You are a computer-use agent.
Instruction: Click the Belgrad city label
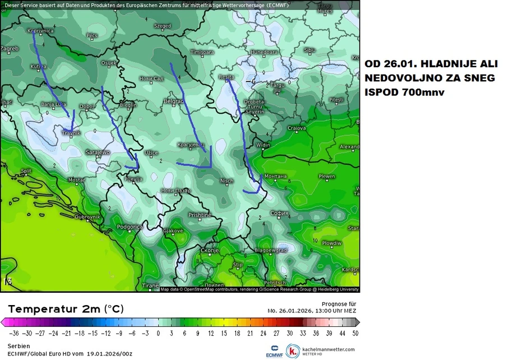173,101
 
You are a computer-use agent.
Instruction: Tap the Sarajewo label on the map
98,152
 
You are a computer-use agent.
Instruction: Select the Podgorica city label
129,227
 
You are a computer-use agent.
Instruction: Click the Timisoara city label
202,52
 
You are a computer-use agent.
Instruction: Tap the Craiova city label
297,128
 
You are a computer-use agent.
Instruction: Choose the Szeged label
163,26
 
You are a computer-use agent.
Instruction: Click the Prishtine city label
200,215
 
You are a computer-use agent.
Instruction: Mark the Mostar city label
76,180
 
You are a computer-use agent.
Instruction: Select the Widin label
263,145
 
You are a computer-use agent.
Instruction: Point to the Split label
26,171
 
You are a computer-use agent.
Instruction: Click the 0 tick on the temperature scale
158,333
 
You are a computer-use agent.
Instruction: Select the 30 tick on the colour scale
289,333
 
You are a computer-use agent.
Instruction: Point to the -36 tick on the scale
12,333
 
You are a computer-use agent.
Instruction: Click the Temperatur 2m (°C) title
66,309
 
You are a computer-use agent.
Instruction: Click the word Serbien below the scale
19,346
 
